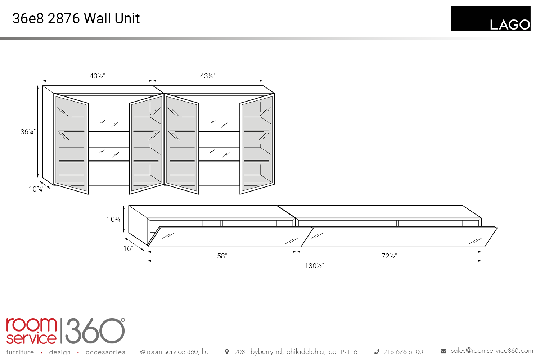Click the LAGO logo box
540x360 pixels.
(x=491, y=19)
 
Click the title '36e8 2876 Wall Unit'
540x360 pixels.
(x=76, y=18)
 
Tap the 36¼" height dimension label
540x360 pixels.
(x=28, y=132)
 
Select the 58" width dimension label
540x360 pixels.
(x=222, y=256)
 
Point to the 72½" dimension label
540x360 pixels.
(x=389, y=256)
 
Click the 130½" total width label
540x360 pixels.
(x=314, y=266)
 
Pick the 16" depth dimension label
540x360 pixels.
(x=128, y=248)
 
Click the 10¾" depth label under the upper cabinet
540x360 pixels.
(x=36, y=189)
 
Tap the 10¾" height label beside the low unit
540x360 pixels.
(x=114, y=219)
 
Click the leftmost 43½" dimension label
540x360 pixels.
(x=97, y=76)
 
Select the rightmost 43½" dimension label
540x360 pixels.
(x=208, y=76)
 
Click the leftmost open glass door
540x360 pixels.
(x=71, y=144)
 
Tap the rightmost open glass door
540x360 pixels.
(x=257, y=144)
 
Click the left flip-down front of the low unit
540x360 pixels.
(x=230, y=237)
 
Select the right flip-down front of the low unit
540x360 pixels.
(x=399, y=237)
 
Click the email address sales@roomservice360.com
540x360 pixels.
(x=492, y=351)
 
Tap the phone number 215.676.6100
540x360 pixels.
(x=403, y=352)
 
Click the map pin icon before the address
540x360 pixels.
(x=226, y=352)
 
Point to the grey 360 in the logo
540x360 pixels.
(x=95, y=330)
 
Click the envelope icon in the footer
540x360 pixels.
(x=443, y=351)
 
